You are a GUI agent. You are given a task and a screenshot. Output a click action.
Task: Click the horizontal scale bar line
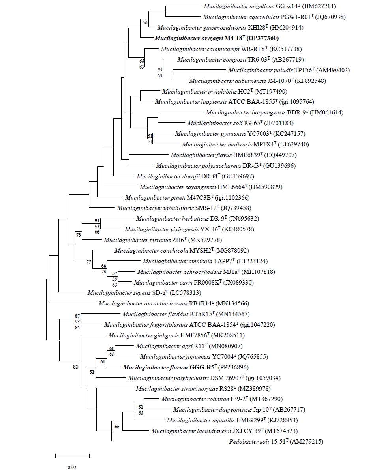click(x=72, y=456)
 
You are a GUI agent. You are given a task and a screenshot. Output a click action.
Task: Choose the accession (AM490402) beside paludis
click(x=333, y=71)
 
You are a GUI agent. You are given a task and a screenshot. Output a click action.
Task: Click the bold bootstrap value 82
click(x=76, y=367)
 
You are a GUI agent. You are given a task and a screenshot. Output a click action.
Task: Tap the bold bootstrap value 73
click(x=79, y=235)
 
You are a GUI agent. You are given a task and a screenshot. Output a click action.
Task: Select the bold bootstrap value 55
click(x=117, y=426)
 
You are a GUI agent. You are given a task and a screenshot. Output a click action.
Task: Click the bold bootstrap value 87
click(x=78, y=316)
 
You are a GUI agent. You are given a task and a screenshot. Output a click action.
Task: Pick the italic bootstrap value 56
click(x=145, y=23)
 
